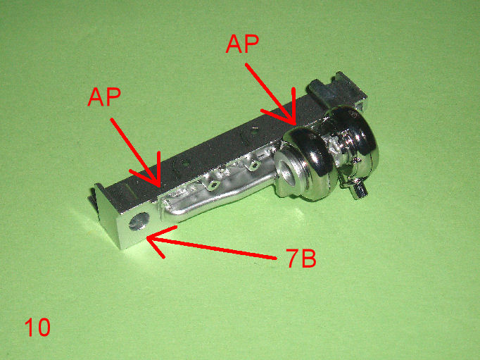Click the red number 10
pos(37,327)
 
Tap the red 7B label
pos(301,258)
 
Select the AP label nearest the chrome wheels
pos(242,44)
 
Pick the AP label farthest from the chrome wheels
pos(104,97)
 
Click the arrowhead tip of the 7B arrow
pos(147,237)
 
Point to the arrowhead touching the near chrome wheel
pos(294,125)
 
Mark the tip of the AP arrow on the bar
pos(159,186)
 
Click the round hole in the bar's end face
pos(139,221)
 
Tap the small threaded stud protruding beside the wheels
pos(359,192)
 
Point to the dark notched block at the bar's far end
pos(336,89)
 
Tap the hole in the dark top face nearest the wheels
pos(253,132)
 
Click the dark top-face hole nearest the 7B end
pos(182,162)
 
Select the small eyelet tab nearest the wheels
pos(254,166)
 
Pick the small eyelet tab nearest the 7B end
pos(214,185)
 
